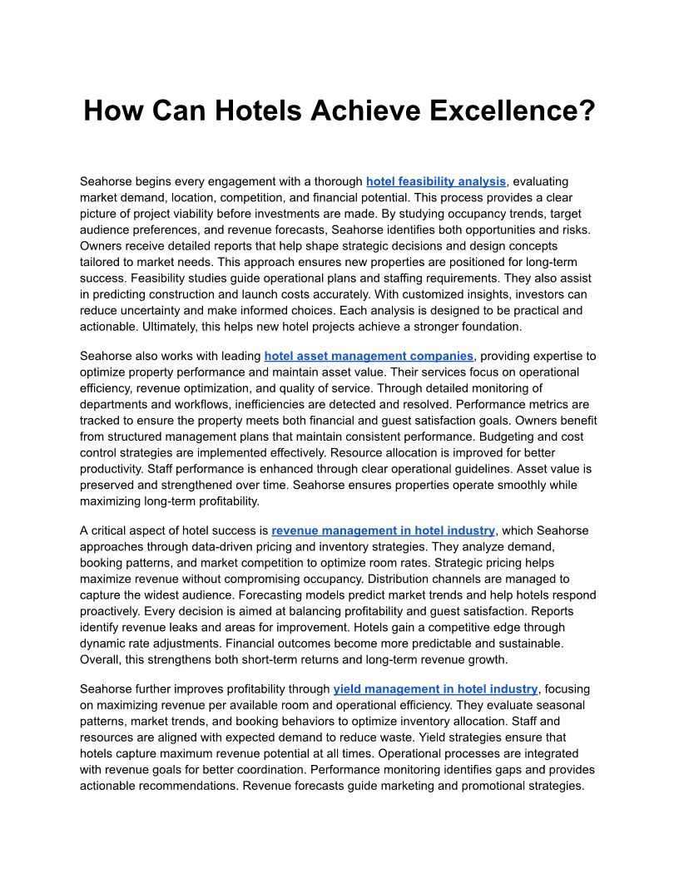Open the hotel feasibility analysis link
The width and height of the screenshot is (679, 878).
[436, 181]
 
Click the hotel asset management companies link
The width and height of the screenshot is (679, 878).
[369, 356]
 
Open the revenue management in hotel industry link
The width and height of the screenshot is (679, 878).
[384, 530]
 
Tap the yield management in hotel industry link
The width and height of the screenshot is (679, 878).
[435, 689]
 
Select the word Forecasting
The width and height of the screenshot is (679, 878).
[112, 595]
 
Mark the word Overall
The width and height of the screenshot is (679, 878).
[101, 660]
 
